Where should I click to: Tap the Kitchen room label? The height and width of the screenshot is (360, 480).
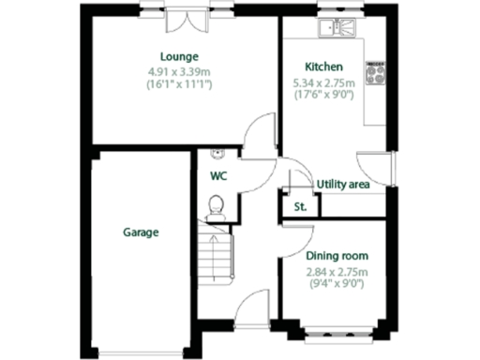pyautogui.click(x=323, y=67)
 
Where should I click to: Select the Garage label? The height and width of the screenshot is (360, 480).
pyautogui.click(x=140, y=232)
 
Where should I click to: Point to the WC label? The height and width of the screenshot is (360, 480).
pyautogui.click(x=217, y=175)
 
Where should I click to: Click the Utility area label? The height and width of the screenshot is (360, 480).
pyautogui.click(x=343, y=184)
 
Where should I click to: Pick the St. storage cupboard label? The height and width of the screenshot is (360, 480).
pyautogui.click(x=301, y=206)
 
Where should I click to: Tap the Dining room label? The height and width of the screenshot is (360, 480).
pyautogui.click(x=337, y=255)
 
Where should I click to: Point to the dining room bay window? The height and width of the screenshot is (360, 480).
pyautogui.click(x=337, y=329)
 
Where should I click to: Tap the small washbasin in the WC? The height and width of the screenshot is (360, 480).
pyautogui.click(x=217, y=152)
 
